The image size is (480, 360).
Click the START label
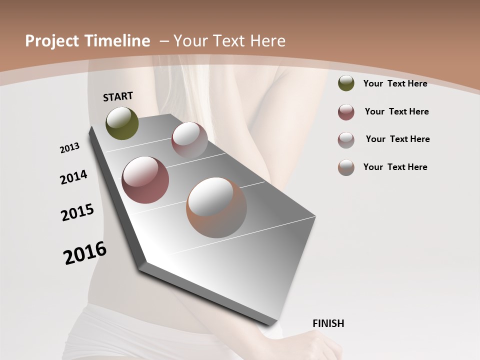[x=118, y=96]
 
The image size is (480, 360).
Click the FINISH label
[x=328, y=323]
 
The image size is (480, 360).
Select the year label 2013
[x=70, y=148]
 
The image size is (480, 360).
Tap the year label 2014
[x=74, y=177]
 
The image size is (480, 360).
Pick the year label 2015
[x=77, y=212]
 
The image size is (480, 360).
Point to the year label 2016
[x=85, y=252]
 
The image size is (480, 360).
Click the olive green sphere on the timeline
[x=122, y=123]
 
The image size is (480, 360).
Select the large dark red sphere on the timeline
[x=145, y=180]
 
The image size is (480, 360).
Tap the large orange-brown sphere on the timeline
[x=216, y=207]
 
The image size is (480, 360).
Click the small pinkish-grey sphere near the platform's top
[x=189, y=140]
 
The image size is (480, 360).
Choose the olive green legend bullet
[x=346, y=83]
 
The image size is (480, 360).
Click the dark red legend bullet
[x=346, y=112]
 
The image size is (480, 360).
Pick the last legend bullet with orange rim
[x=346, y=167]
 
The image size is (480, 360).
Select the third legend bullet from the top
[x=346, y=140]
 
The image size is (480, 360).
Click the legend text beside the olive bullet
[x=395, y=83]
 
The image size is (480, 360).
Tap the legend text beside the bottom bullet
[x=395, y=167]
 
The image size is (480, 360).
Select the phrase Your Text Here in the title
[x=229, y=41]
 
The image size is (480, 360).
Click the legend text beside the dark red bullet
[x=396, y=111]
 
